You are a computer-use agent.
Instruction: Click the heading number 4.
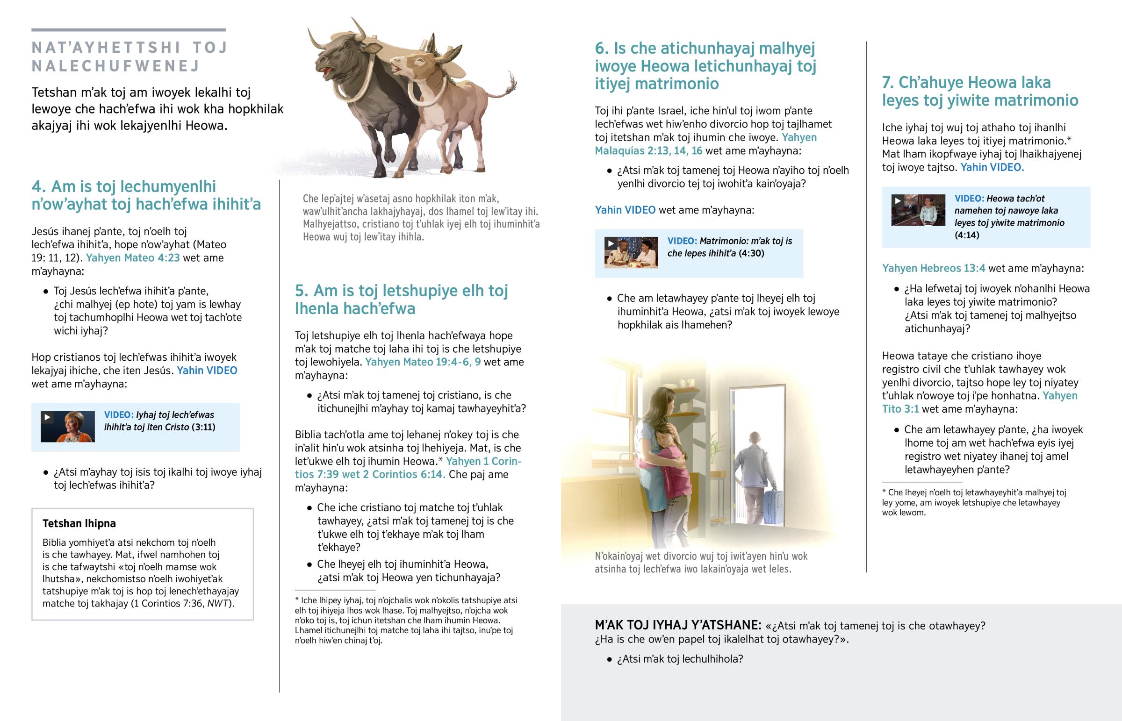pos(38,187)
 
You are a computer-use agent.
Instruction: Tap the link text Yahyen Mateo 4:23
pos(132,258)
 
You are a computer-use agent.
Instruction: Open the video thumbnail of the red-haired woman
pos(68,427)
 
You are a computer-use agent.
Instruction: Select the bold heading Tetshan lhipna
pos(79,523)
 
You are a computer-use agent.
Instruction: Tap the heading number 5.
pos(302,291)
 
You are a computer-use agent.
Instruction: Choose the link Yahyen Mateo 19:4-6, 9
pos(423,362)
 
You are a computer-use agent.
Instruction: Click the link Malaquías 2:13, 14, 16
pos(648,151)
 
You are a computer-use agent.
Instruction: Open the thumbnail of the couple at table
pos(631,252)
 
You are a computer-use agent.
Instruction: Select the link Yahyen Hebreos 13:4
pos(933,268)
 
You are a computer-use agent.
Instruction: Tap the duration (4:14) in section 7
pos(966,235)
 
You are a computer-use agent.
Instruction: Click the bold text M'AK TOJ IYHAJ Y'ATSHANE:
pos(677,626)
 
